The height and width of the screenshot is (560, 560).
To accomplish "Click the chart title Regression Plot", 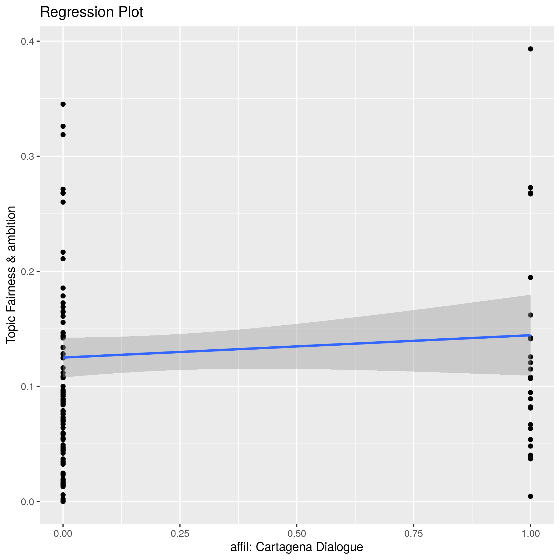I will coord(91,13).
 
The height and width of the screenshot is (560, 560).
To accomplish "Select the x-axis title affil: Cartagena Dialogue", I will coord(297,547).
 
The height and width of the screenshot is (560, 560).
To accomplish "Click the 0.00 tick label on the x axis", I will coord(63,534).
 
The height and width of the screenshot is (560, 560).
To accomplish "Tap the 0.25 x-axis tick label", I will coord(180,534).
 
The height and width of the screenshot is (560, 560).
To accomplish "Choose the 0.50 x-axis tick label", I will coord(297,534).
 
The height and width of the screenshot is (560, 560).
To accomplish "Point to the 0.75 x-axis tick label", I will coord(414,534).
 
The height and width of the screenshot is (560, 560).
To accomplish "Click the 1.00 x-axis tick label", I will coord(530,534).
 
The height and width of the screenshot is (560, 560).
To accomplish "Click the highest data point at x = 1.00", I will coord(530,49).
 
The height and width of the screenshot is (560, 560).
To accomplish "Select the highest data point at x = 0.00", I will coord(63,104).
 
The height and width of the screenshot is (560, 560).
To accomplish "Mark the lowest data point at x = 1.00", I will coord(530,496).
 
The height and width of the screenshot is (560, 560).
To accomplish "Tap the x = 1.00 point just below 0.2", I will coord(530,277).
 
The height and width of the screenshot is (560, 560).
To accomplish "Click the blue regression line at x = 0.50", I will coord(297,346).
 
